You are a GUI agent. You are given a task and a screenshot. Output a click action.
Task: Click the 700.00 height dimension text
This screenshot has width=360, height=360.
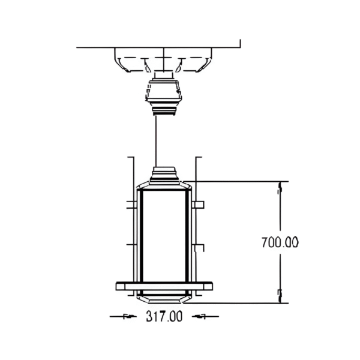click(x=280, y=242)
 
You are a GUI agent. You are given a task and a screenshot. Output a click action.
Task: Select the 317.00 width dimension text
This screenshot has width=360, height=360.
click(x=164, y=317)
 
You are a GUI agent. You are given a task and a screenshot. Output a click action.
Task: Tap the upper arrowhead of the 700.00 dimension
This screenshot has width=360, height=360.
click(x=279, y=188)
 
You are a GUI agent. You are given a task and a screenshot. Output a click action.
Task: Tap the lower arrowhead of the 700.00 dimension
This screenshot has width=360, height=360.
click(x=279, y=294)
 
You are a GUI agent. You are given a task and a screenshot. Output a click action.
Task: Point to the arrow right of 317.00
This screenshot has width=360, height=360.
click(x=202, y=317)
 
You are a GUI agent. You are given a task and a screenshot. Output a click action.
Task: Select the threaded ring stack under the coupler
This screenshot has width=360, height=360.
click(x=163, y=109)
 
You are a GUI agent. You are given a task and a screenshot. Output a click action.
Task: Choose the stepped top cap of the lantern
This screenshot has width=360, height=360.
click(x=164, y=175)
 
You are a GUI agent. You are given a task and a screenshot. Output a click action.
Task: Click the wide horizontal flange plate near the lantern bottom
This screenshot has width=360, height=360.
click(x=164, y=286)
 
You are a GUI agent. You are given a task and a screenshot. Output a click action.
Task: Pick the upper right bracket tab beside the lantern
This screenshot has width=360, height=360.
click(x=199, y=205)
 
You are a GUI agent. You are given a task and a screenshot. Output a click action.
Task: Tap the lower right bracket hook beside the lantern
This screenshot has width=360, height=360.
click(x=199, y=247)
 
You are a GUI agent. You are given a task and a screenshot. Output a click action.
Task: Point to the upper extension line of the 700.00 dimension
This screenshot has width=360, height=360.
click(x=240, y=181)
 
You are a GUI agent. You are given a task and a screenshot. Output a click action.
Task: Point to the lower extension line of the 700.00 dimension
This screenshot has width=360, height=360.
click(x=240, y=303)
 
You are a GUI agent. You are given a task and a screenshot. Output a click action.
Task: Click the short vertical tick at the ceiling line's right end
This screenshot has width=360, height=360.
click(x=240, y=43)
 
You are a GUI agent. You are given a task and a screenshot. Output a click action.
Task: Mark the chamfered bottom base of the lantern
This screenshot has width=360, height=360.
click(x=164, y=297)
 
